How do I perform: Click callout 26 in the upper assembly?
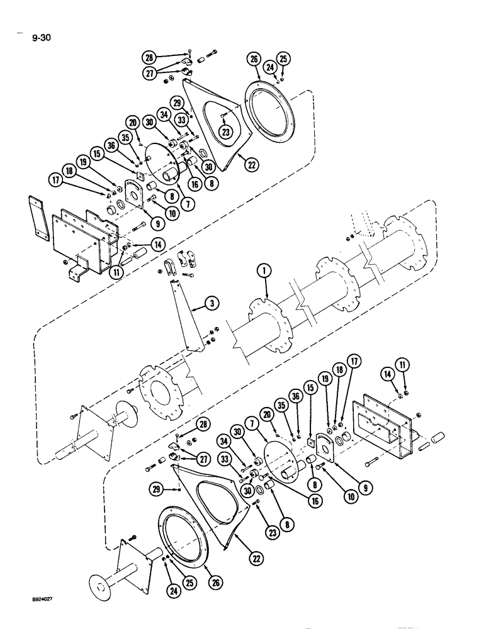click(x=254, y=60)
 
